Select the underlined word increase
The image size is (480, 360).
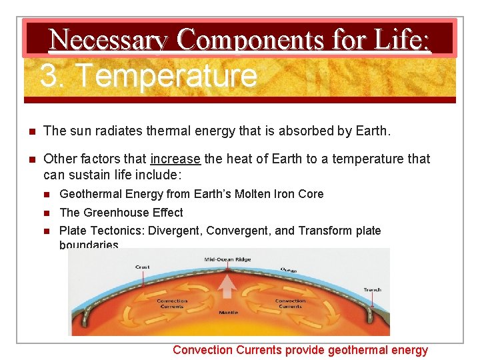click(175, 159)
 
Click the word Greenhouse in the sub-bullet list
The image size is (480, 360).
click(112, 213)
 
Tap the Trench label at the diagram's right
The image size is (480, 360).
click(372, 289)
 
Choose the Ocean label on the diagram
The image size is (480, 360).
click(289, 269)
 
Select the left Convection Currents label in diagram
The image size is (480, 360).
click(172, 303)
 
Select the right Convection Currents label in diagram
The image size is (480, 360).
click(290, 303)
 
